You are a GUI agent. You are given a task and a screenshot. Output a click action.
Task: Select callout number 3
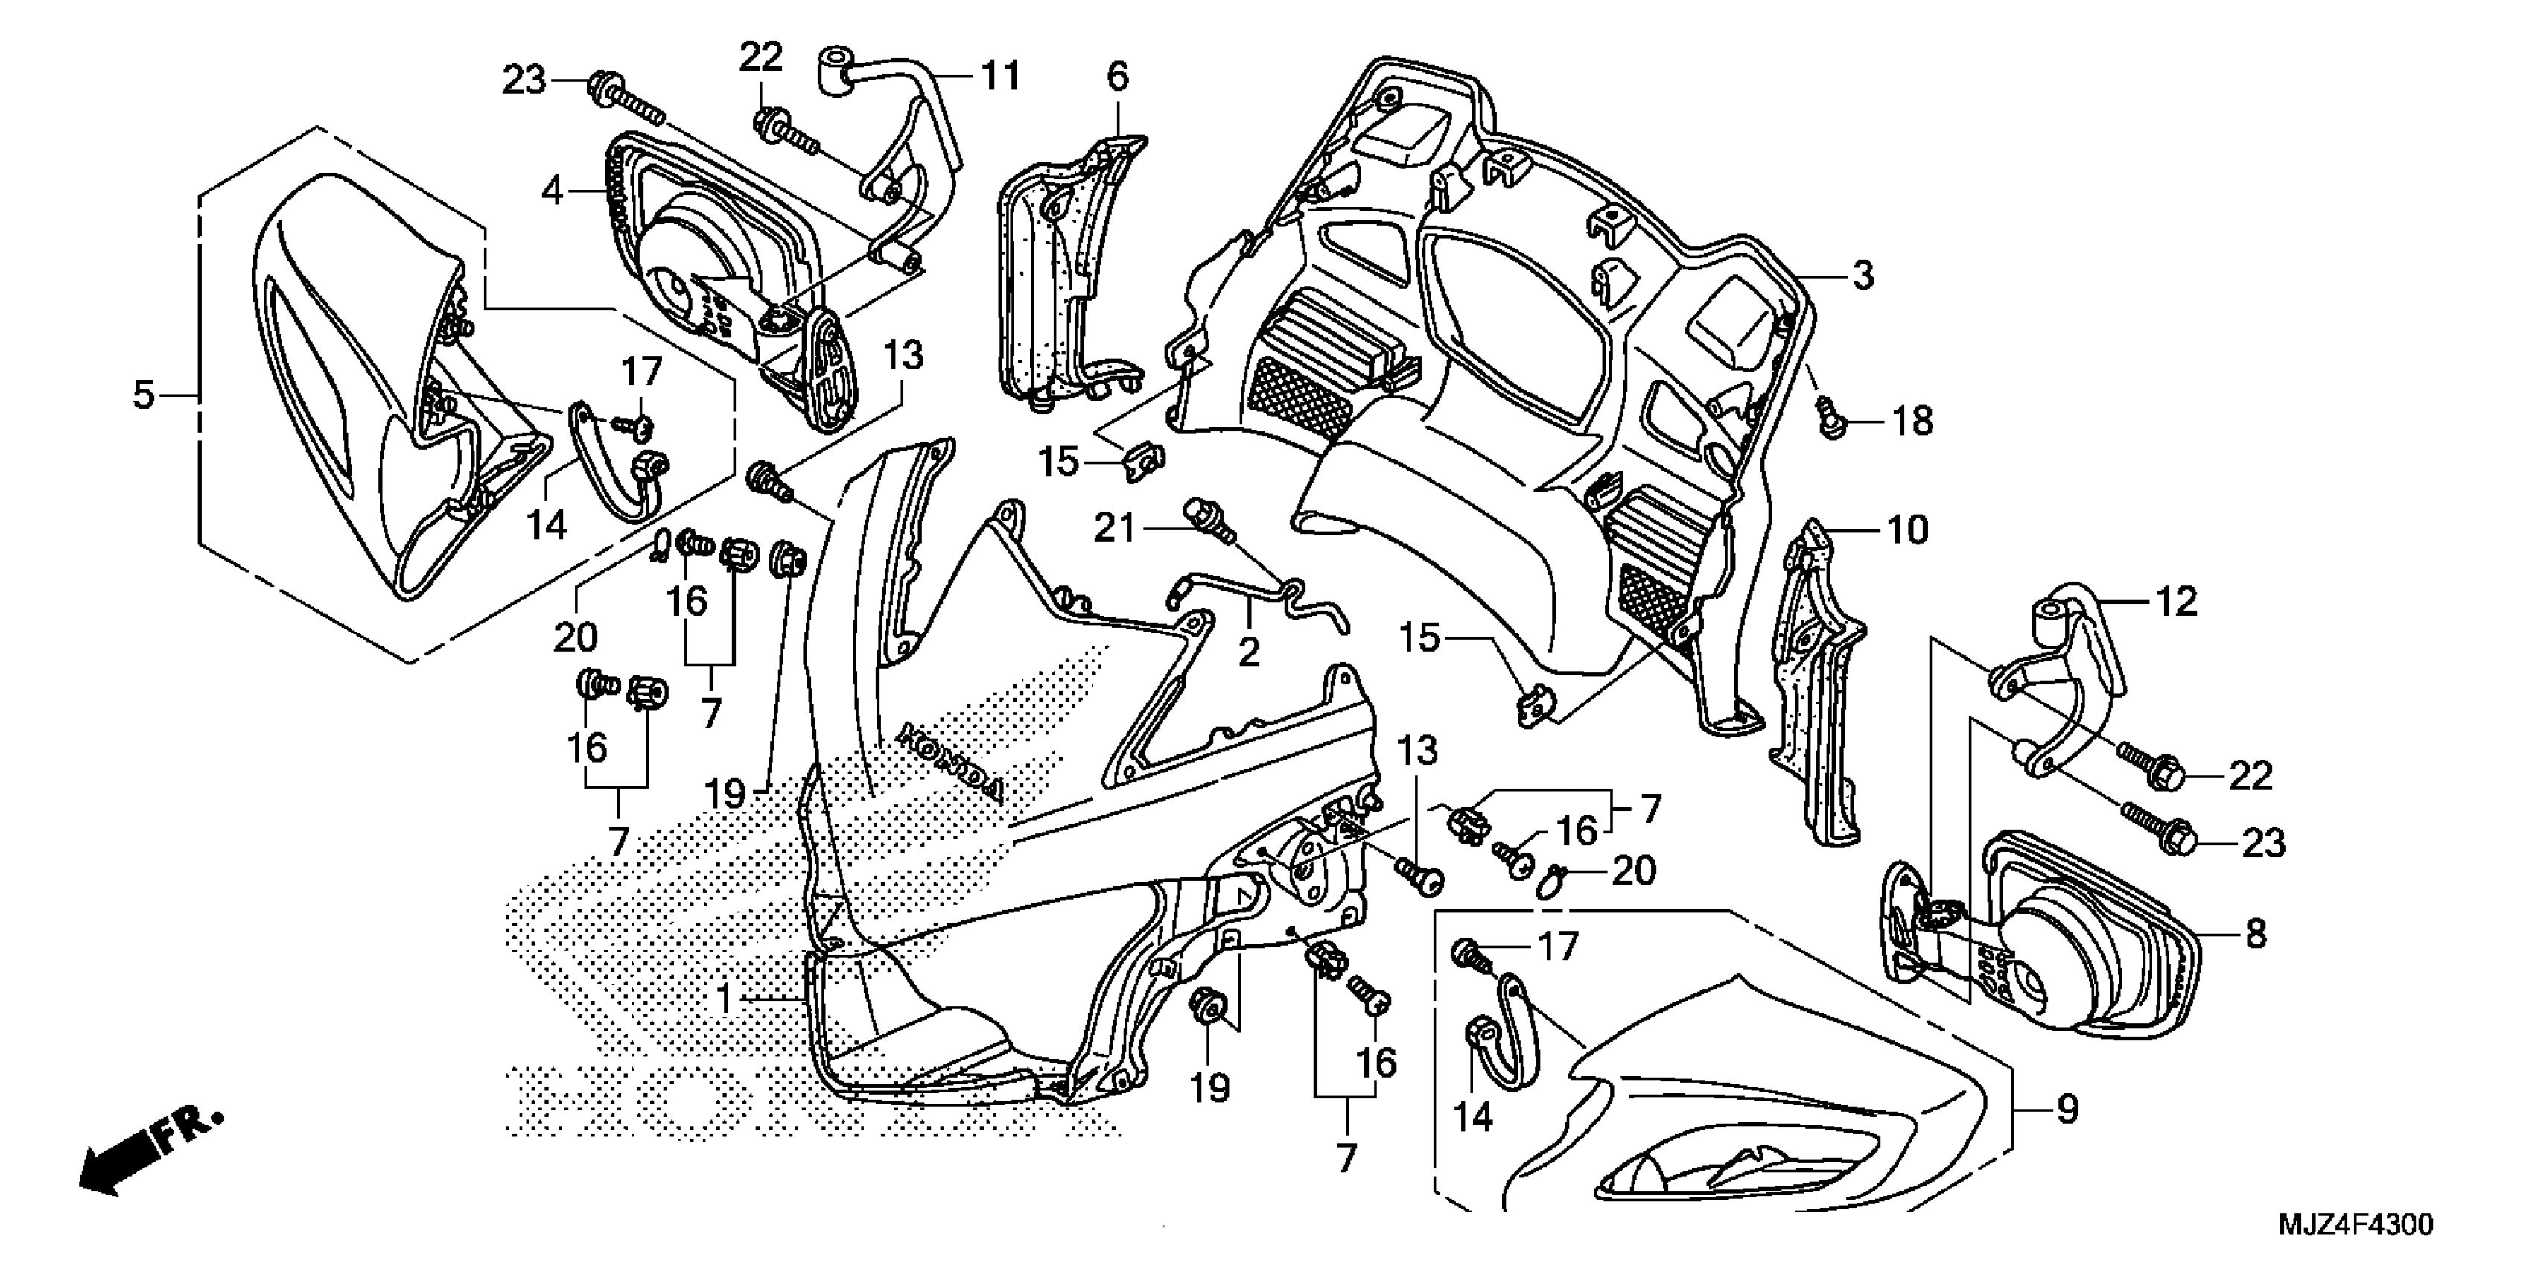coord(1863,276)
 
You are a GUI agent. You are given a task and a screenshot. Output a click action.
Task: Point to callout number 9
coord(2067,1110)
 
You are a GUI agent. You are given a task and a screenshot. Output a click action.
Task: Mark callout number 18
coord(1912,421)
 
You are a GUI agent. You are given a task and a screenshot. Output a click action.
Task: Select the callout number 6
coord(1119,76)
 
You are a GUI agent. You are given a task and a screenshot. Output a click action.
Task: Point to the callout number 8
coord(2256,933)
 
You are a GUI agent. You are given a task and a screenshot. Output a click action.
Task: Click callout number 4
coord(553,190)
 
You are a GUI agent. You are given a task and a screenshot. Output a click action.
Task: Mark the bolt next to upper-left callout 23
coord(625,104)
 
